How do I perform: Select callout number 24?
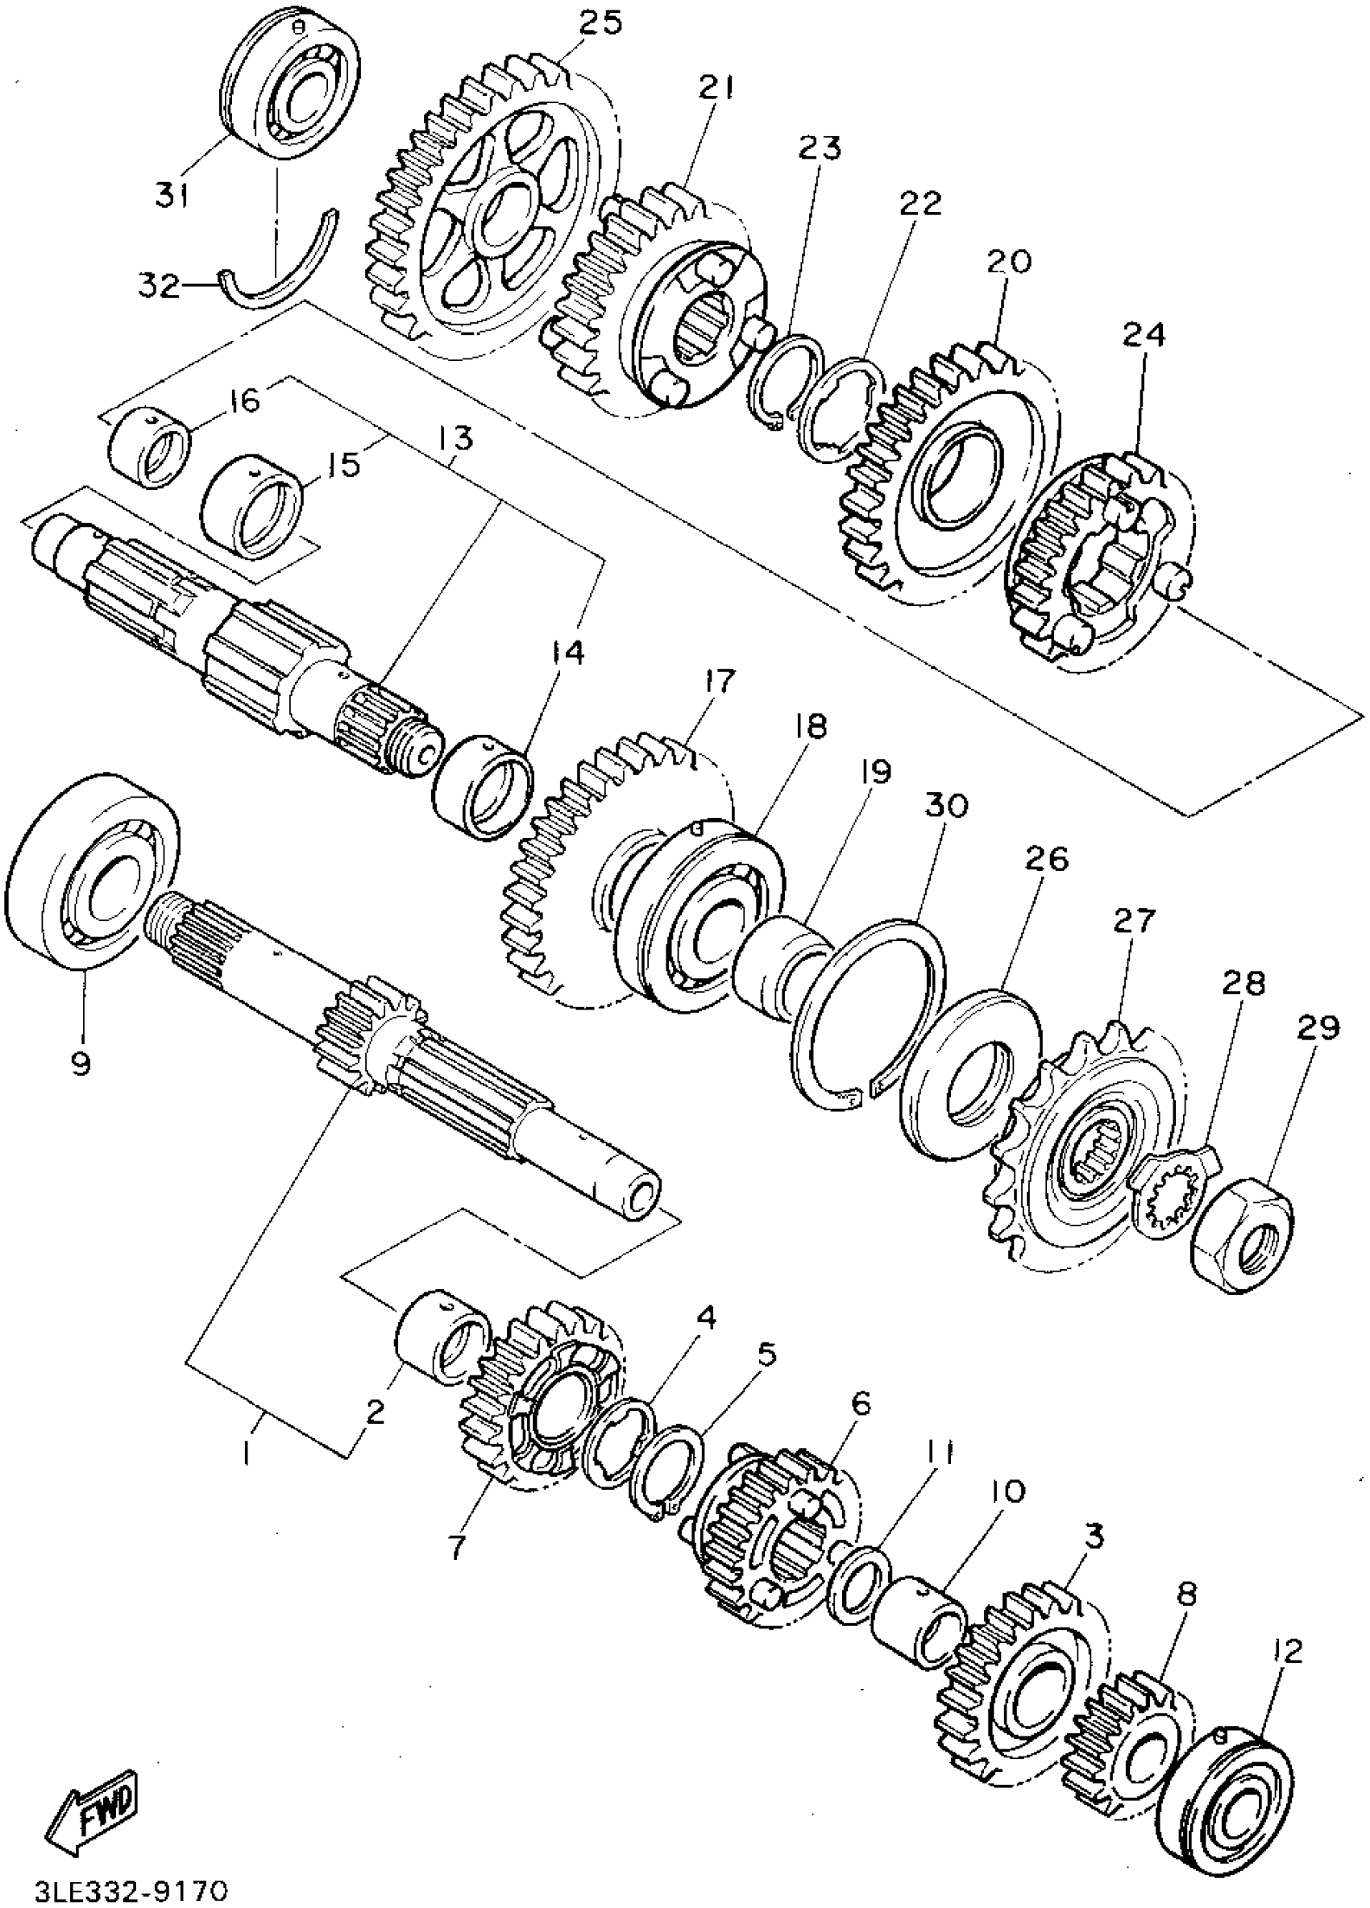[1143, 338]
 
